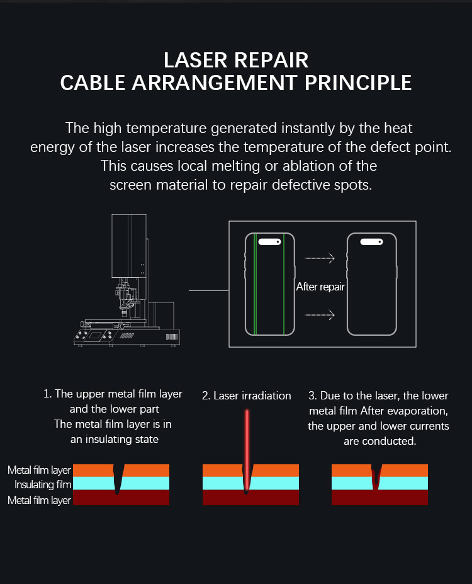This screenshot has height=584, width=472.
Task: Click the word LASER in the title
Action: (195, 60)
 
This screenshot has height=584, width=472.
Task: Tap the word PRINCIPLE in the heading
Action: (358, 83)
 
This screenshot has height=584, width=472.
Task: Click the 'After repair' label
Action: (320, 287)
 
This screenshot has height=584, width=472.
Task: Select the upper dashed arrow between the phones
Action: (320, 258)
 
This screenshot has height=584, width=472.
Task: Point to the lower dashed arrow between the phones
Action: (320, 315)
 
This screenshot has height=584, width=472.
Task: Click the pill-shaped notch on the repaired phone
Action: (371, 242)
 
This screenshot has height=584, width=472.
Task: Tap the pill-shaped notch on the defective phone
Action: (269, 242)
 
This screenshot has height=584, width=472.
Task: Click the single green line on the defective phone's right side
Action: (284, 283)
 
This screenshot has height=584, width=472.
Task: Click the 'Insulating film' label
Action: (43, 484)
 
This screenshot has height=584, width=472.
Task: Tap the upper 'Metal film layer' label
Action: (39, 470)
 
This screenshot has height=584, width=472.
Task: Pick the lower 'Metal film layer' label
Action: (39, 500)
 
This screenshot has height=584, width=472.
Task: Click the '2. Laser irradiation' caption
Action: (247, 396)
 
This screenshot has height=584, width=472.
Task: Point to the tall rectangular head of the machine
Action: (129, 246)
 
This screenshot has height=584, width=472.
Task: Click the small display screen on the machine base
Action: (94, 335)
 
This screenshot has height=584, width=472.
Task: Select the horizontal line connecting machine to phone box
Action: (209, 290)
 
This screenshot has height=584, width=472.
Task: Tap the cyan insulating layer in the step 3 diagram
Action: (379, 483)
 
